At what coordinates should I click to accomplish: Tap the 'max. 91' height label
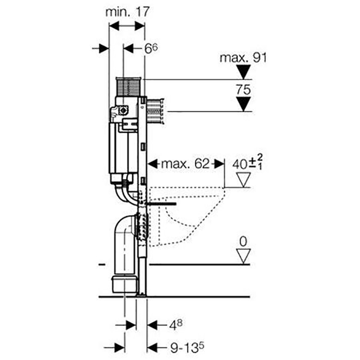(243, 58)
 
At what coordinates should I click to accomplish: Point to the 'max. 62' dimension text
(185, 164)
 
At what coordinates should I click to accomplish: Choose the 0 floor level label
(243, 242)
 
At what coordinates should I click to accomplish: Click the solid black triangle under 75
(243, 104)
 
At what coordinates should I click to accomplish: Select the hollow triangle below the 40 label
(243, 180)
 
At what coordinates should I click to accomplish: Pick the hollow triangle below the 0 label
(243, 256)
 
